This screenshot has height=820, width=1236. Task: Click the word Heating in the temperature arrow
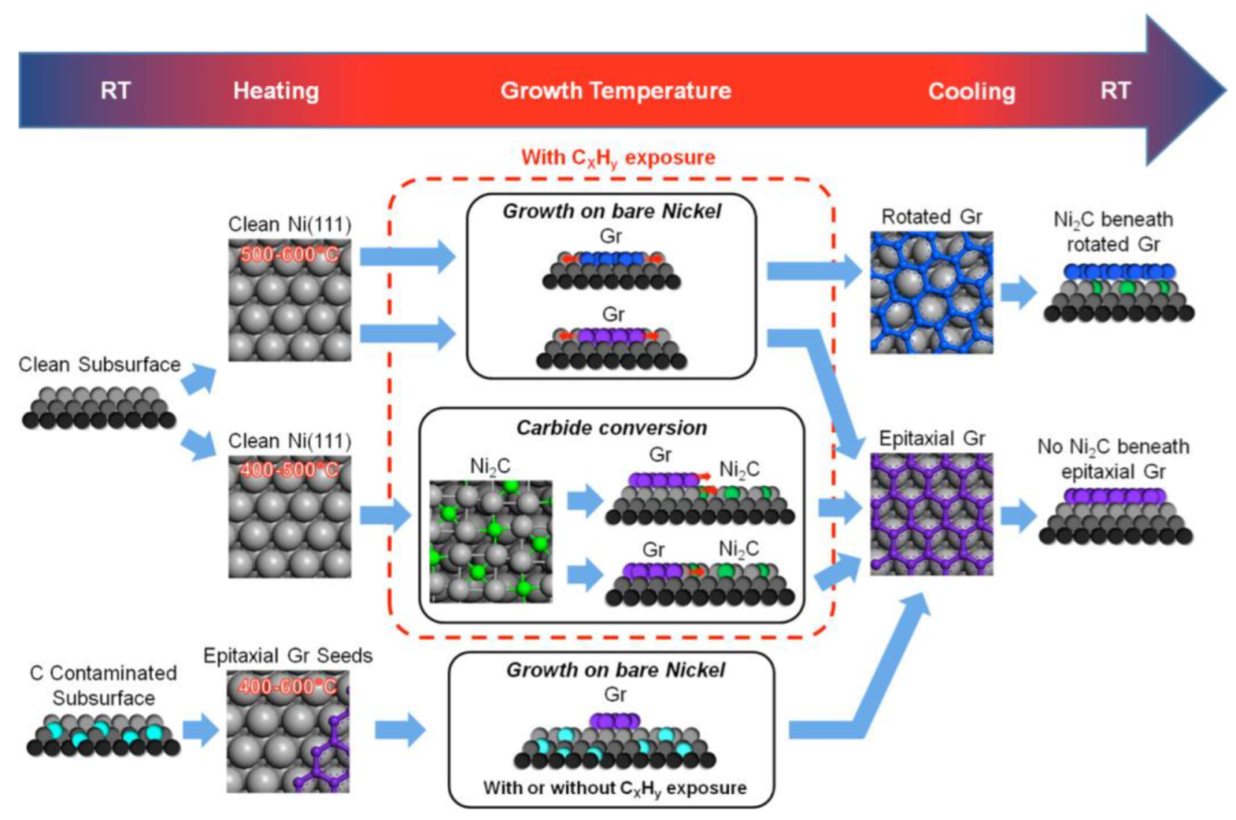tap(276, 92)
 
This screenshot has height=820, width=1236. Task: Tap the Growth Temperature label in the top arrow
tap(615, 92)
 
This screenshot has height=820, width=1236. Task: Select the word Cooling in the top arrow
tap(971, 92)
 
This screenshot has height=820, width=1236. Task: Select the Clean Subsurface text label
tap(100, 367)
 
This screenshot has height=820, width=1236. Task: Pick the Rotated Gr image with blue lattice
tap(932, 292)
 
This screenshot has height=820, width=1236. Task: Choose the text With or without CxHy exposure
tap(612, 789)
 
